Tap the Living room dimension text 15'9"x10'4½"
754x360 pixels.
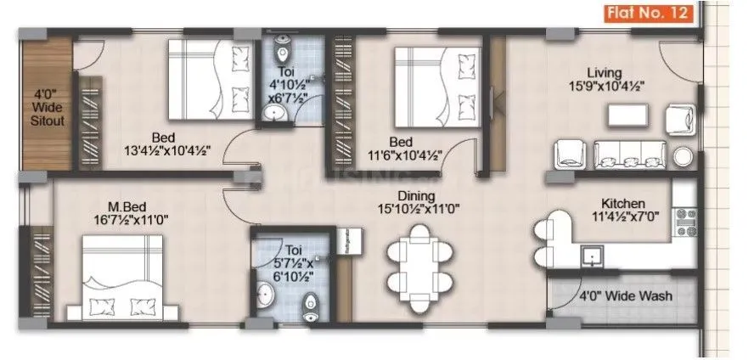coord(607,85)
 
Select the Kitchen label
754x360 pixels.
coord(623,204)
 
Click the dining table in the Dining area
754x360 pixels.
coord(420,264)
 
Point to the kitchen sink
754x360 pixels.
coord(592,255)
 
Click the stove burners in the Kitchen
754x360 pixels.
coord(684,222)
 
